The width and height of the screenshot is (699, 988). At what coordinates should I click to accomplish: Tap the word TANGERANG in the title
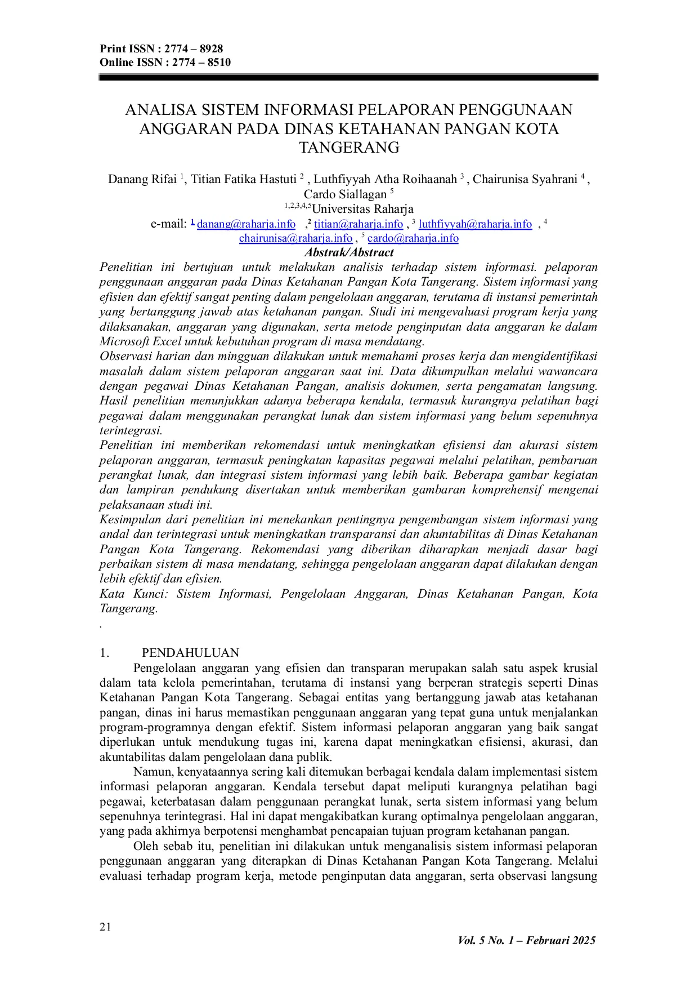349,148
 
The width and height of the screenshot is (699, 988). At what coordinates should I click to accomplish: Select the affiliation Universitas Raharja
362,209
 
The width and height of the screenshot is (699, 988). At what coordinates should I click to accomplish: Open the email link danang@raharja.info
246,224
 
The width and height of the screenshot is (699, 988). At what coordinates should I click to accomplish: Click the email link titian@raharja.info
358,224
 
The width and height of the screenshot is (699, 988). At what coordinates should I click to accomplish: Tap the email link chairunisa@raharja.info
295,238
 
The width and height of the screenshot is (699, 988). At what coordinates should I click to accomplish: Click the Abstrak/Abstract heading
349,252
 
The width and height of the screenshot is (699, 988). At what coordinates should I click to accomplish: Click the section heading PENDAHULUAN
190,653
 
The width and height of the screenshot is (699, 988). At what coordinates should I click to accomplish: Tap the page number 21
105,927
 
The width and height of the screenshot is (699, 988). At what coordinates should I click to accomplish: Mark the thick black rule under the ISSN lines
348,78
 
